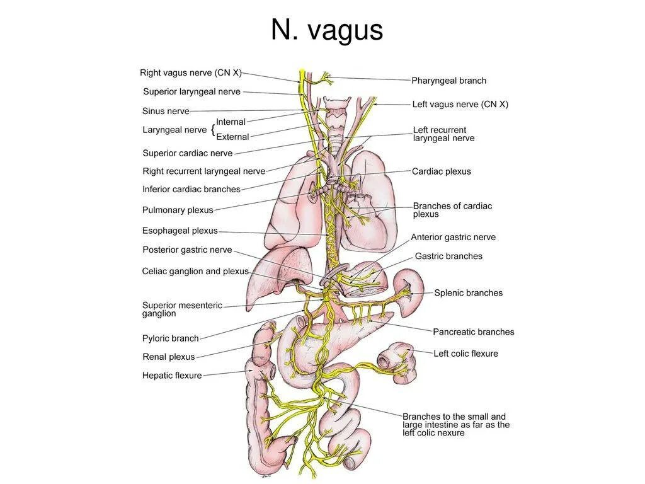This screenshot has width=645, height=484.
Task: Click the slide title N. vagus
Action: pyautogui.click(x=327, y=30)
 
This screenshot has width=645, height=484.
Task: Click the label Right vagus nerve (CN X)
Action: pyautogui.click(x=191, y=73)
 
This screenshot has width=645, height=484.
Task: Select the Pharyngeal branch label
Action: pyautogui.click(x=448, y=81)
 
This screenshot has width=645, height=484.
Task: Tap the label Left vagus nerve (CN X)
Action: pyautogui.click(x=460, y=105)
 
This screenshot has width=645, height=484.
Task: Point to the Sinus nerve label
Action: pyautogui.click(x=166, y=112)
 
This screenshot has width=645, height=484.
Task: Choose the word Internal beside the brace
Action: pyautogui.click(x=231, y=122)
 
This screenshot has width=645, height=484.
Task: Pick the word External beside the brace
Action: pyautogui.click(x=232, y=137)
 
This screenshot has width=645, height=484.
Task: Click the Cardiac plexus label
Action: pyautogui.click(x=441, y=171)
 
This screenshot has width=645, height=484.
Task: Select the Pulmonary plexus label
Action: pyautogui.click(x=178, y=210)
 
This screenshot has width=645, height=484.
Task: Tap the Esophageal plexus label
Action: pyautogui.click(x=180, y=231)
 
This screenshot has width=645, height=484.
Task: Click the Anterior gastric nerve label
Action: pyautogui.click(x=453, y=238)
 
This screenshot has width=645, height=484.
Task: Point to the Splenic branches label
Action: pyautogui.click(x=468, y=293)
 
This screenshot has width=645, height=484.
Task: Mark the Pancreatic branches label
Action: pyautogui.click(x=473, y=332)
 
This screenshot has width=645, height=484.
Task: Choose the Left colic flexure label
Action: pyautogui.click(x=465, y=354)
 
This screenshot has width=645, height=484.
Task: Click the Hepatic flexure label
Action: pyautogui.click(x=172, y=376)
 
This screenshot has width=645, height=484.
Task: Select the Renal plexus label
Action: pyautogui.click(x=169, y=357)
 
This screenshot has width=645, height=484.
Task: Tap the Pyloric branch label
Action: pyautogui.click(x=170, y=338)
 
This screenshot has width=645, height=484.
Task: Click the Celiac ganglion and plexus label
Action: pyautogui.click(x=195, y=272)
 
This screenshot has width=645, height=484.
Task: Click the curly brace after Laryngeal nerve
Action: pyautogui.click(x=212, y=130)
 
